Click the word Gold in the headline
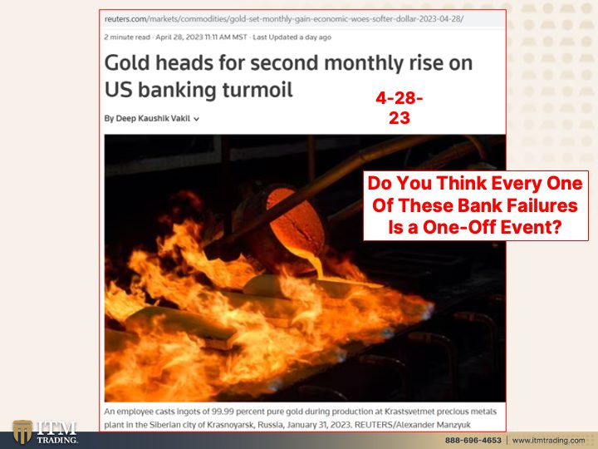coord(127,63)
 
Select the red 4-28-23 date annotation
coord(399,108)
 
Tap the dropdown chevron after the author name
coord(196,119)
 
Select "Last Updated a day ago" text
coord(292,37)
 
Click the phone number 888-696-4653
coord(473,440)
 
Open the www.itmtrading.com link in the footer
coord(548,440)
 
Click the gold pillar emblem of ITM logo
coord(22,432)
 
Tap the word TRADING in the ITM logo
coord(57,440)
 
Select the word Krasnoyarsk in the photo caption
coord(230,425)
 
